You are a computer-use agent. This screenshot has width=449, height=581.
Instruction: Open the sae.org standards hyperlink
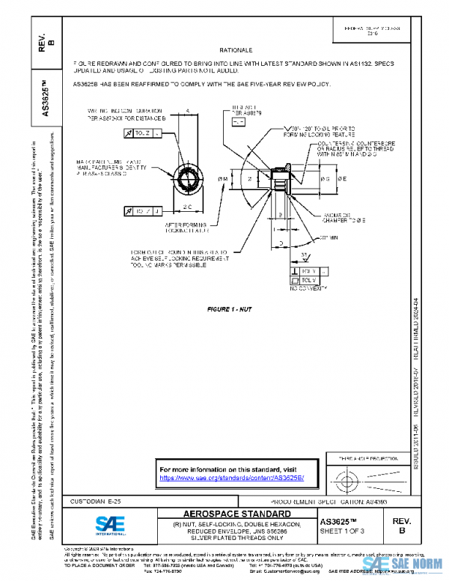pos(231,477)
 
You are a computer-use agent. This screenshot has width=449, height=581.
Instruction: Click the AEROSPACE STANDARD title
pos(236,514)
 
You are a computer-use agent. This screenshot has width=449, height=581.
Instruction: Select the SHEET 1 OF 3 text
pos(342,532)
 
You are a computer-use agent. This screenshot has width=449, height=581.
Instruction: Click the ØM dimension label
pos(222,179)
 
